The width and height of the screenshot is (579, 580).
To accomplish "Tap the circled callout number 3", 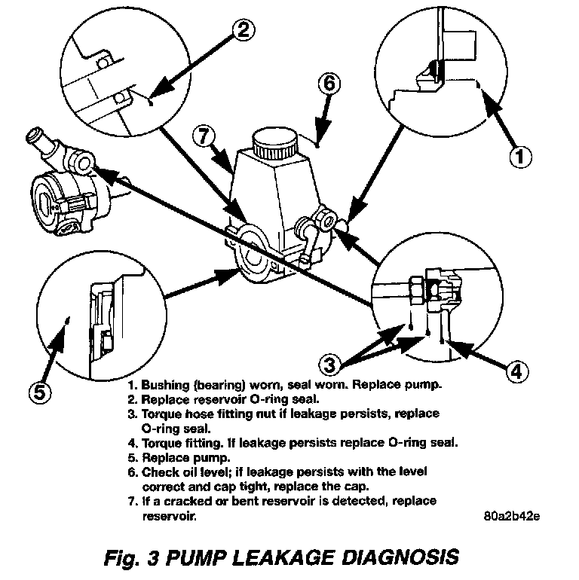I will click(x=329, y=365).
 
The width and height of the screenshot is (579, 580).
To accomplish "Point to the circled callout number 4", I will click(x=514, y=371).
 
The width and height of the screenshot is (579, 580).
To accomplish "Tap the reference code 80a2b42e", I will click(x=513, y=517).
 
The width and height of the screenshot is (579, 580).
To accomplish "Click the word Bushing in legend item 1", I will click(x=164, y=384).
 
